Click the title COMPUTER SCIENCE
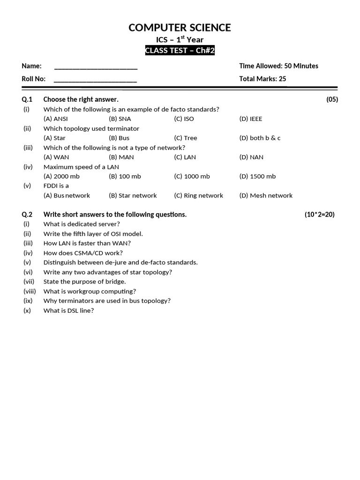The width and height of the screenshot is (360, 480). point(180,28)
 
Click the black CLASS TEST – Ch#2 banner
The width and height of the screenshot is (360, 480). point(180,51)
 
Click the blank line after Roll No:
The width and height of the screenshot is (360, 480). point(96,80)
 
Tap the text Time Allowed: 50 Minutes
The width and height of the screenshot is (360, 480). point(278,66)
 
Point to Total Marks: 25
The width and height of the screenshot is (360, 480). point(262,79)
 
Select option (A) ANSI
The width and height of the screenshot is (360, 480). point(56,119)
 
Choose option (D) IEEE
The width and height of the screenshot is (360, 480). point(251,119)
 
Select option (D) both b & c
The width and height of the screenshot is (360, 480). point(260,138)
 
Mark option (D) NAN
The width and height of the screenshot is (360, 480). point(251,157)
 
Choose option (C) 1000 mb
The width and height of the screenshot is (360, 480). point(192,177)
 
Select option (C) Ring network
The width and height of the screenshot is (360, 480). point(198,196)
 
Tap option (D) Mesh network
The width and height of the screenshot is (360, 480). point(266,196)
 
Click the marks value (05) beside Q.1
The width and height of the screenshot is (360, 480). point(332,99)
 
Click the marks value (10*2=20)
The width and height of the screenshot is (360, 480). point(320,215)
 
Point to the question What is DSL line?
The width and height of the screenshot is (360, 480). point(68,311)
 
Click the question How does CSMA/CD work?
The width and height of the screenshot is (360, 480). point(83,253)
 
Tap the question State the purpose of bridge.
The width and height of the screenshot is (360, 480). point(84,282)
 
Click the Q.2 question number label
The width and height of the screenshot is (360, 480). point(27,215)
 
